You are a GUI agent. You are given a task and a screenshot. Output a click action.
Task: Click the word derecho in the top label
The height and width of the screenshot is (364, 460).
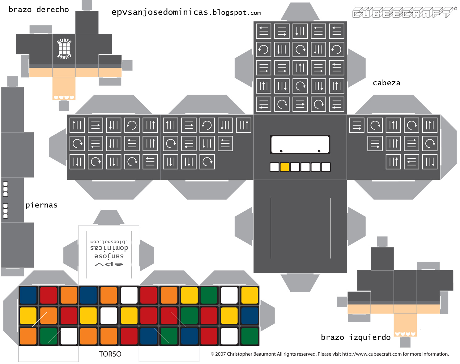pos(53,10)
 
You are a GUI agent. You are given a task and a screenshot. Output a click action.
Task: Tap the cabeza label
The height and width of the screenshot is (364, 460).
pos(386,83)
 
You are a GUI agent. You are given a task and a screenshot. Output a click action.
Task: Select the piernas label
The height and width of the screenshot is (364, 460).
pos(41,205)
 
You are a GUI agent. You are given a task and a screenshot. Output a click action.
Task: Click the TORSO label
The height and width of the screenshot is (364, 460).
pos(110,354)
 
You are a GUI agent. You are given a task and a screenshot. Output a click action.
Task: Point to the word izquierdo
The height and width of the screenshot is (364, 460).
pos(370,337)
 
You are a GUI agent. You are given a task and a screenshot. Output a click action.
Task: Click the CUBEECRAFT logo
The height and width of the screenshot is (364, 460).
pos(402,13)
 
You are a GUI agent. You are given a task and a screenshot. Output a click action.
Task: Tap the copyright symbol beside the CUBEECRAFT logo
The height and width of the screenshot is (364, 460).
pos(455,8)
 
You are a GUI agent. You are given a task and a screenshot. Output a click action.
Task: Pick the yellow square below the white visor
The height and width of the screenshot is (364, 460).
pos(284,167)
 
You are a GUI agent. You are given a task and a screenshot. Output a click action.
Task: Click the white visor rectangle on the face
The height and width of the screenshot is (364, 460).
pos(300,144)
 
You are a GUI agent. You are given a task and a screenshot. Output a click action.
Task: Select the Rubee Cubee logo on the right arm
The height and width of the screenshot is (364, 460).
pos(64,49)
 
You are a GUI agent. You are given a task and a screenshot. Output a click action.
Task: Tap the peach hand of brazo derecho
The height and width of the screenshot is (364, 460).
pos(64,88)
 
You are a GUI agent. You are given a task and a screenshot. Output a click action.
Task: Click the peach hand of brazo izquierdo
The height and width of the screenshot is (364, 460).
pos(405,325)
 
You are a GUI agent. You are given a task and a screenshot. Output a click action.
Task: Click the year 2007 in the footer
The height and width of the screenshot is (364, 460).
pos(220,354)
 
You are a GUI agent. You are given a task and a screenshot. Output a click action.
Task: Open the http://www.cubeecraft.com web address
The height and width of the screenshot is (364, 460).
pos(372,354)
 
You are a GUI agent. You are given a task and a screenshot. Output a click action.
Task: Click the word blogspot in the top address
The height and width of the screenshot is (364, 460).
pos(230,13)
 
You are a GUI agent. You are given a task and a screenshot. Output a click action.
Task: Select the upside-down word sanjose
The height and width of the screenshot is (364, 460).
pos(109,256)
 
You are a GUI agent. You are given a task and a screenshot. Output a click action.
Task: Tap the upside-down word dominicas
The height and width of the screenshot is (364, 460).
pos(109,248)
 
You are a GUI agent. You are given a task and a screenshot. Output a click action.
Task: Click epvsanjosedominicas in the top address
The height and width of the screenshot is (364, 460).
pos(160,12)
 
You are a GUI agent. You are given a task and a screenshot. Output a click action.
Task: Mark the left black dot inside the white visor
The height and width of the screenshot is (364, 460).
pos(281,151)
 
